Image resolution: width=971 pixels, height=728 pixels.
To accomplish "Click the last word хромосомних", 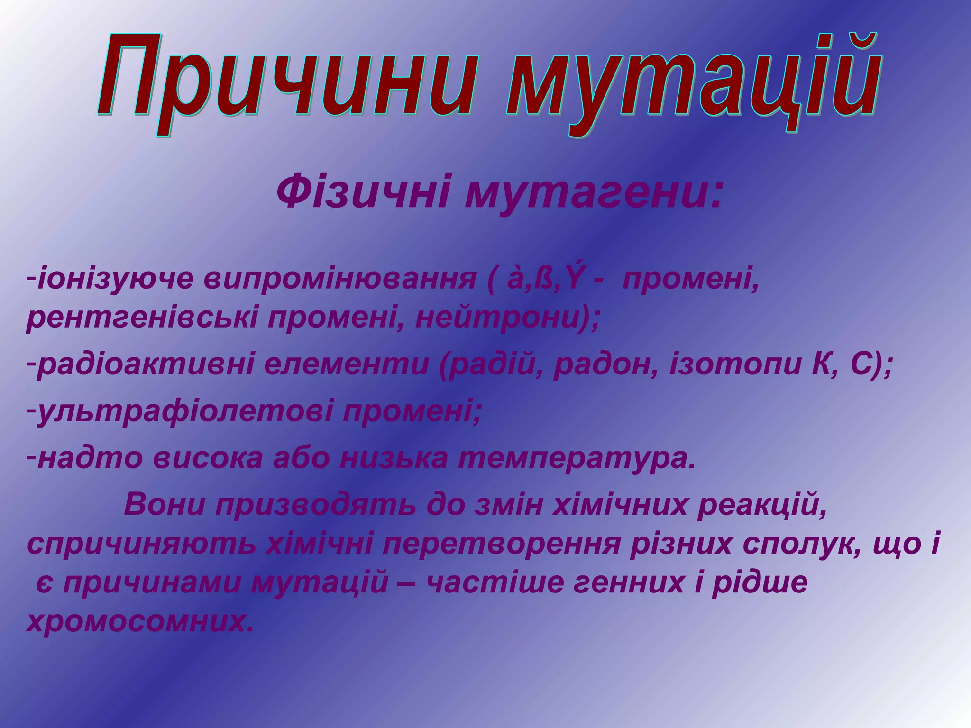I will (x=137, y=622).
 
